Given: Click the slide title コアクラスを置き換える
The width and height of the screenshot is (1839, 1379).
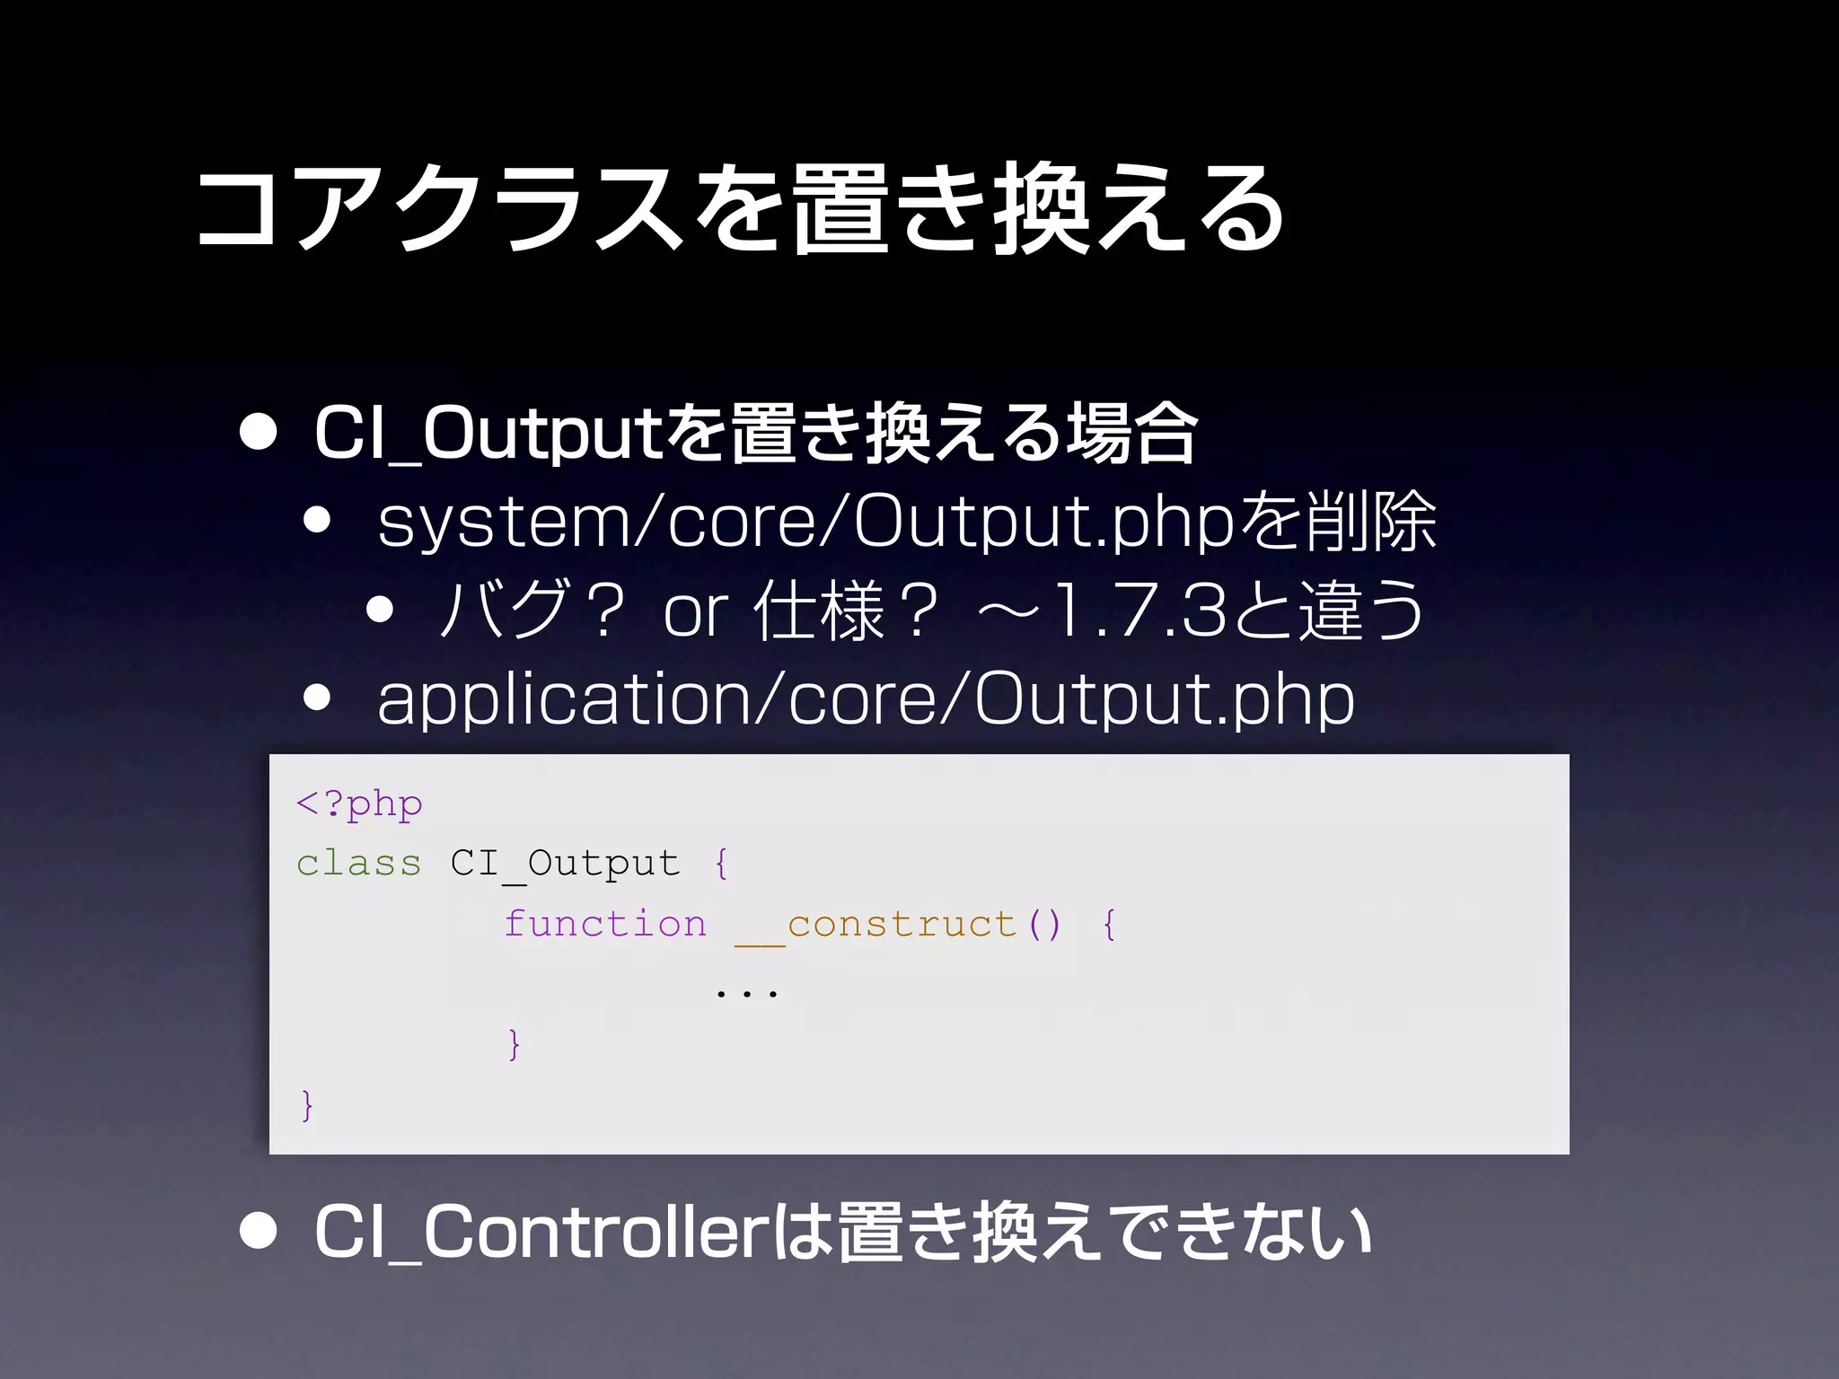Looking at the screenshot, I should [x=741, y=208].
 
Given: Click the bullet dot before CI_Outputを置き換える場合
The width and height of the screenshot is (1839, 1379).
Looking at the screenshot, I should [x=259, y=432].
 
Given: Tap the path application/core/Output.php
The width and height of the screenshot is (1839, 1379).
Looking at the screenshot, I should [x=866, y=699].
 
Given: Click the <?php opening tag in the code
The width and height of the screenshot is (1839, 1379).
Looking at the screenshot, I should [x=359, y=804].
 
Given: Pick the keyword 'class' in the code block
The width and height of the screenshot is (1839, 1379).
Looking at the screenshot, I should [x=358, y=864].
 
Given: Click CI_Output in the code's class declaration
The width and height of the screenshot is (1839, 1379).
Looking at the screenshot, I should [x=565, y=865].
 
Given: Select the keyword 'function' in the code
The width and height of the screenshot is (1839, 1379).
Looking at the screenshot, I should [x=604, y=925].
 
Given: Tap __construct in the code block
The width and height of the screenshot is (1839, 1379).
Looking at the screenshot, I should [x=876, y=925].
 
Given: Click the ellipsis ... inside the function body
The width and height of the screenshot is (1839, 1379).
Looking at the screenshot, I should [x=746, y=992].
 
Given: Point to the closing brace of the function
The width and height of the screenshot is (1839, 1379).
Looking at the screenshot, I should [x=514, y=1044].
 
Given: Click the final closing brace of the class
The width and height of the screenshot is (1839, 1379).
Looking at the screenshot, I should [x=307, y=1104].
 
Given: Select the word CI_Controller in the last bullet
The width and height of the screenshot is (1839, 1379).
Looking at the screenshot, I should [x=540, y=1232].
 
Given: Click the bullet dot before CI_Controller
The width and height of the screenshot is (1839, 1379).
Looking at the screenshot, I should [x=259, y=1231].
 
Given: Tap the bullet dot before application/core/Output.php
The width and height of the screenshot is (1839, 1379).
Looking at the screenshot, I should [x=317, y=697].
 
